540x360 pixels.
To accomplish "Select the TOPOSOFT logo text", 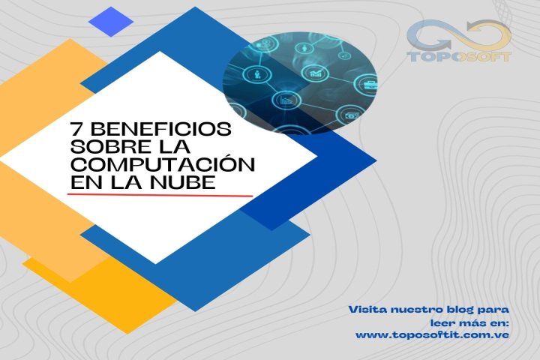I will pyautogui.click(x=458, y=56).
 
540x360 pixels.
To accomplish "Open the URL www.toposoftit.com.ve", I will pyautogui.click(x=433, y=334).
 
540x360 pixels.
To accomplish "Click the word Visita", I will pyautogui.click(x=368, y=308).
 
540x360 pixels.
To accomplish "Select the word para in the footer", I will pyautogui.click(x=496, y=308).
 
